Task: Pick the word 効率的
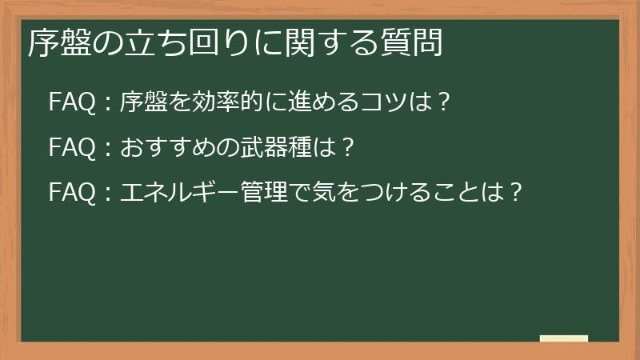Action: pos(219,102)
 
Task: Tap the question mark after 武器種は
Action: pos(346,147)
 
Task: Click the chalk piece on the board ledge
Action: pos(563,338)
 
